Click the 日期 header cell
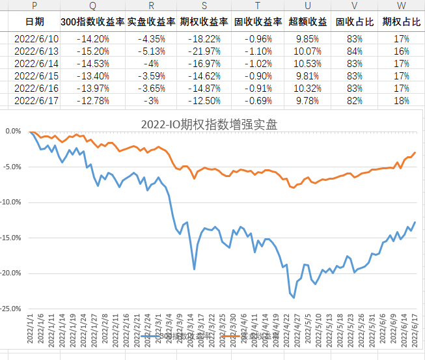pyautogui.click(x=34, y=21)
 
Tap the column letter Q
pyautogui.click(x=92, y=6)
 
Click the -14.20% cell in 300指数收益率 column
pyautogui.click(x=92, y=38)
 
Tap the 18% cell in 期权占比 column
pyautogui.click(x=402, y=100)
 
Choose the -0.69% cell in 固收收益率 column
pyautogui.click(x=258, y=100)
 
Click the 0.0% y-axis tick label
pyautogui.click(x=13, y=131)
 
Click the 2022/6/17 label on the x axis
pyautogui.click(x=414, y=329)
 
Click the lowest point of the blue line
pyautogui.click(x=294, y=298)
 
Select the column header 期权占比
pyautogui.click(x=402, y=21)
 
